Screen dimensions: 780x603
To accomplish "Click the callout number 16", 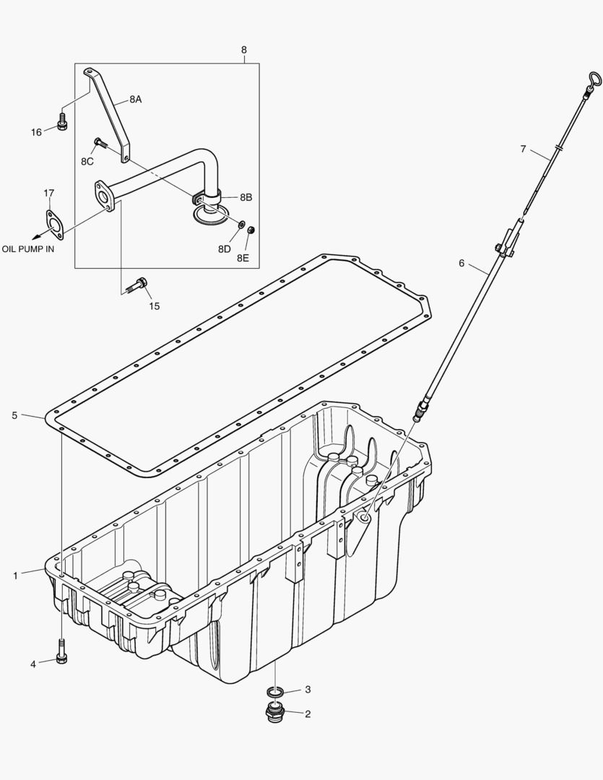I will [36, 131].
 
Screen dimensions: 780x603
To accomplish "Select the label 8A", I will [135, 100].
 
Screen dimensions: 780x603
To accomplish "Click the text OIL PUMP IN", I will [27, 248].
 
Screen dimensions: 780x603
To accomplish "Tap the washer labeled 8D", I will [241, 225].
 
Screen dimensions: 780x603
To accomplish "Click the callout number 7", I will [523, 149].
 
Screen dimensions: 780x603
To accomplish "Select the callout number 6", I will [461, 263].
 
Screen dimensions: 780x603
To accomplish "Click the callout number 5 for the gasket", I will [14, 415].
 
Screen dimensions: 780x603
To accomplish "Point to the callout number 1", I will [15, 576].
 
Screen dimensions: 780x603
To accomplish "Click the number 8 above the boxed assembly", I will [244, 50].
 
